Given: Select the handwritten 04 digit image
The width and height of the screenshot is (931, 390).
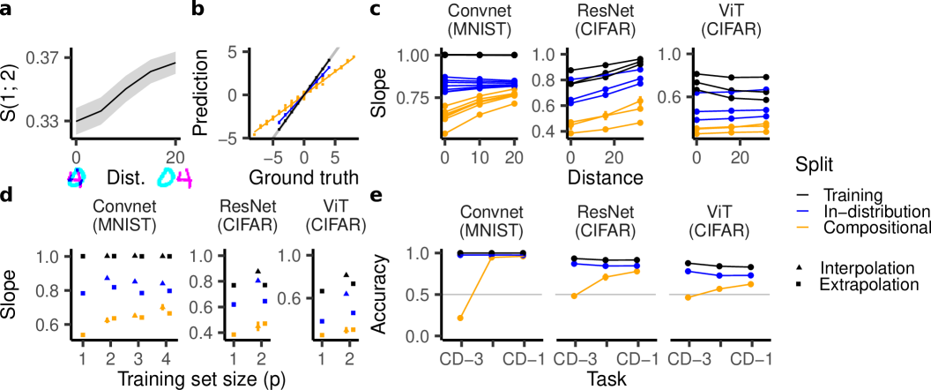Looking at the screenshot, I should (x=175, y=178).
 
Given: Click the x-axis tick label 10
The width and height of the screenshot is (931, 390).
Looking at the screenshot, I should (x=479, y=157).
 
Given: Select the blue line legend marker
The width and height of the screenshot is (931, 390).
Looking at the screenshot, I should (x=803, y=212).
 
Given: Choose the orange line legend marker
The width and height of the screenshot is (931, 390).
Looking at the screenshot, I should (x=803, y=228).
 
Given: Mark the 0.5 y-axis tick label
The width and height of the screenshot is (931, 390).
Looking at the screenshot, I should (x=416, y=294).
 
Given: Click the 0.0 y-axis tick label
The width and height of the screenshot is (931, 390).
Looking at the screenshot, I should (x=416, y=336).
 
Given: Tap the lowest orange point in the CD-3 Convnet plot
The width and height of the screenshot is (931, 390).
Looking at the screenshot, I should (x=460, y=318).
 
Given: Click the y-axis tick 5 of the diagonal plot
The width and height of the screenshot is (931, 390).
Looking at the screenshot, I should (x=234, y=51).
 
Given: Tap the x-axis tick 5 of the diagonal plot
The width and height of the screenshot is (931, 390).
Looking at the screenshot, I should (x=334, y=159).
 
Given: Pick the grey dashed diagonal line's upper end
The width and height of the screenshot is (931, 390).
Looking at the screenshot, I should (x=336, y=49).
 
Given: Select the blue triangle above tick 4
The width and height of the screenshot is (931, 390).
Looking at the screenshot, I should (x=163, y=283).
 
